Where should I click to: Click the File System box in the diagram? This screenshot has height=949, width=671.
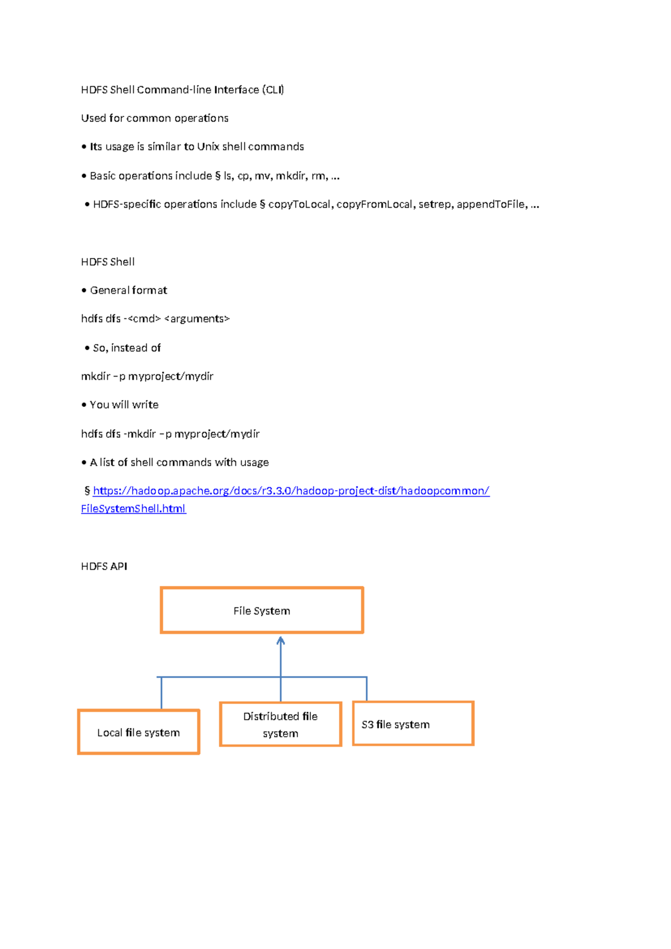pos(262,610)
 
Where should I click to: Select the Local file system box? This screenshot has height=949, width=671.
pos(139,732)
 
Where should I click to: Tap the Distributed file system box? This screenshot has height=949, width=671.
pos(280,725)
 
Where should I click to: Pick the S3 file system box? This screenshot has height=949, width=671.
pos(413,724)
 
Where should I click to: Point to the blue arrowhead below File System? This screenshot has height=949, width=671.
pos(281,641)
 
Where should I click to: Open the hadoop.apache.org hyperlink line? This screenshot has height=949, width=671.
pos(291,491)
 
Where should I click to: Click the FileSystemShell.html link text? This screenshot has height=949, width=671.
pos(133,509)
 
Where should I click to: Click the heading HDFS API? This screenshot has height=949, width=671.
pos(104,566)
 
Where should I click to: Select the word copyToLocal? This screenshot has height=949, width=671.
pos(300,204)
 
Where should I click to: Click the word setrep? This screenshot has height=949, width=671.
pos(435,204)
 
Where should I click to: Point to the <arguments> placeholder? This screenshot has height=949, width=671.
pos(197,319)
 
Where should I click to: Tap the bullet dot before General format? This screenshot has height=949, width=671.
pos(84,290)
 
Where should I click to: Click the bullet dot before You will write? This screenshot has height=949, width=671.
pos(84,405)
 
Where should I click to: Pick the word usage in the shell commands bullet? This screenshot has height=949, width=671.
pos(254,462)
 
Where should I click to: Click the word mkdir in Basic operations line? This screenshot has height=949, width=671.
pos(290,176)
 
